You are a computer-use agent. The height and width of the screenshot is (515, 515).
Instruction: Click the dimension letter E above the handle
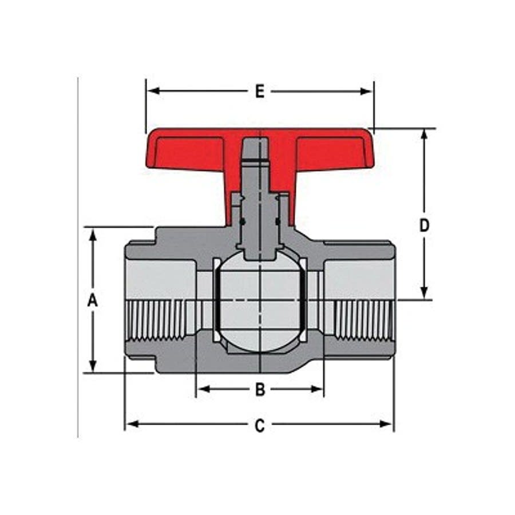(259, 92)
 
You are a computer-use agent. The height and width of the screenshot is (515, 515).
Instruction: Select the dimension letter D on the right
(424, 225)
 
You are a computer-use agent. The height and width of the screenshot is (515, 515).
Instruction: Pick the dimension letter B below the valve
(260, 390)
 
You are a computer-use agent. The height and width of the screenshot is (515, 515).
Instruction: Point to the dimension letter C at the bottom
(260, 425)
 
